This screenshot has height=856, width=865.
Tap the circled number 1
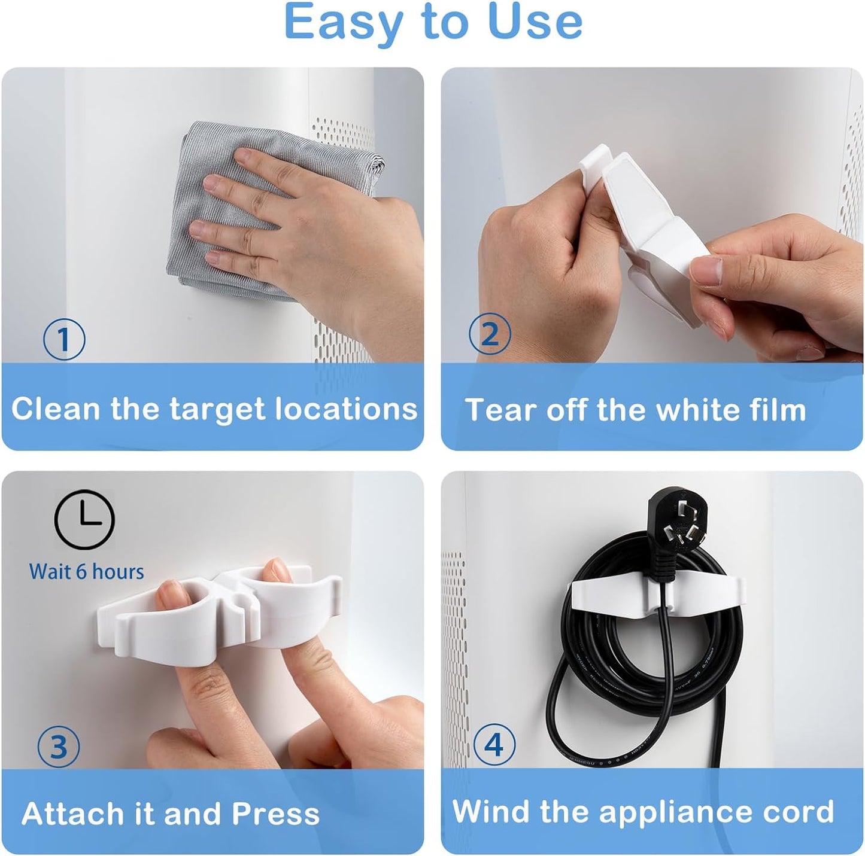pyautogui.click(x=64, y=339)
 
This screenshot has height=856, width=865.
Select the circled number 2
pyautogui.click(x=490, y=334)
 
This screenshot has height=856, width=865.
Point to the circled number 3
pyautogui.click(x=58, y=747)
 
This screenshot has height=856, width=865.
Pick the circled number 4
pyautogui.click(x=494, y=745)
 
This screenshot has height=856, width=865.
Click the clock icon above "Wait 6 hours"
pyautogui.click(x=84, y=519)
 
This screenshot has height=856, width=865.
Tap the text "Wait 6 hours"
pyautogui.click(x=87, y=572)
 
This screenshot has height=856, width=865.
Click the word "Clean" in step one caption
pyautogui.click(x=56, y=409)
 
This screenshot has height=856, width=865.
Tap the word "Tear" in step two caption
pyautogui.click(x=500, y=410)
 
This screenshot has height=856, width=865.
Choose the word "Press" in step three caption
pyautogui.click(x=275, y=814)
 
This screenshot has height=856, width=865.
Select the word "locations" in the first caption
pyautogui.click(x=346, y=409)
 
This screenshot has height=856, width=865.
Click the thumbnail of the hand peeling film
pyautogui.click(x=652, y=215)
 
